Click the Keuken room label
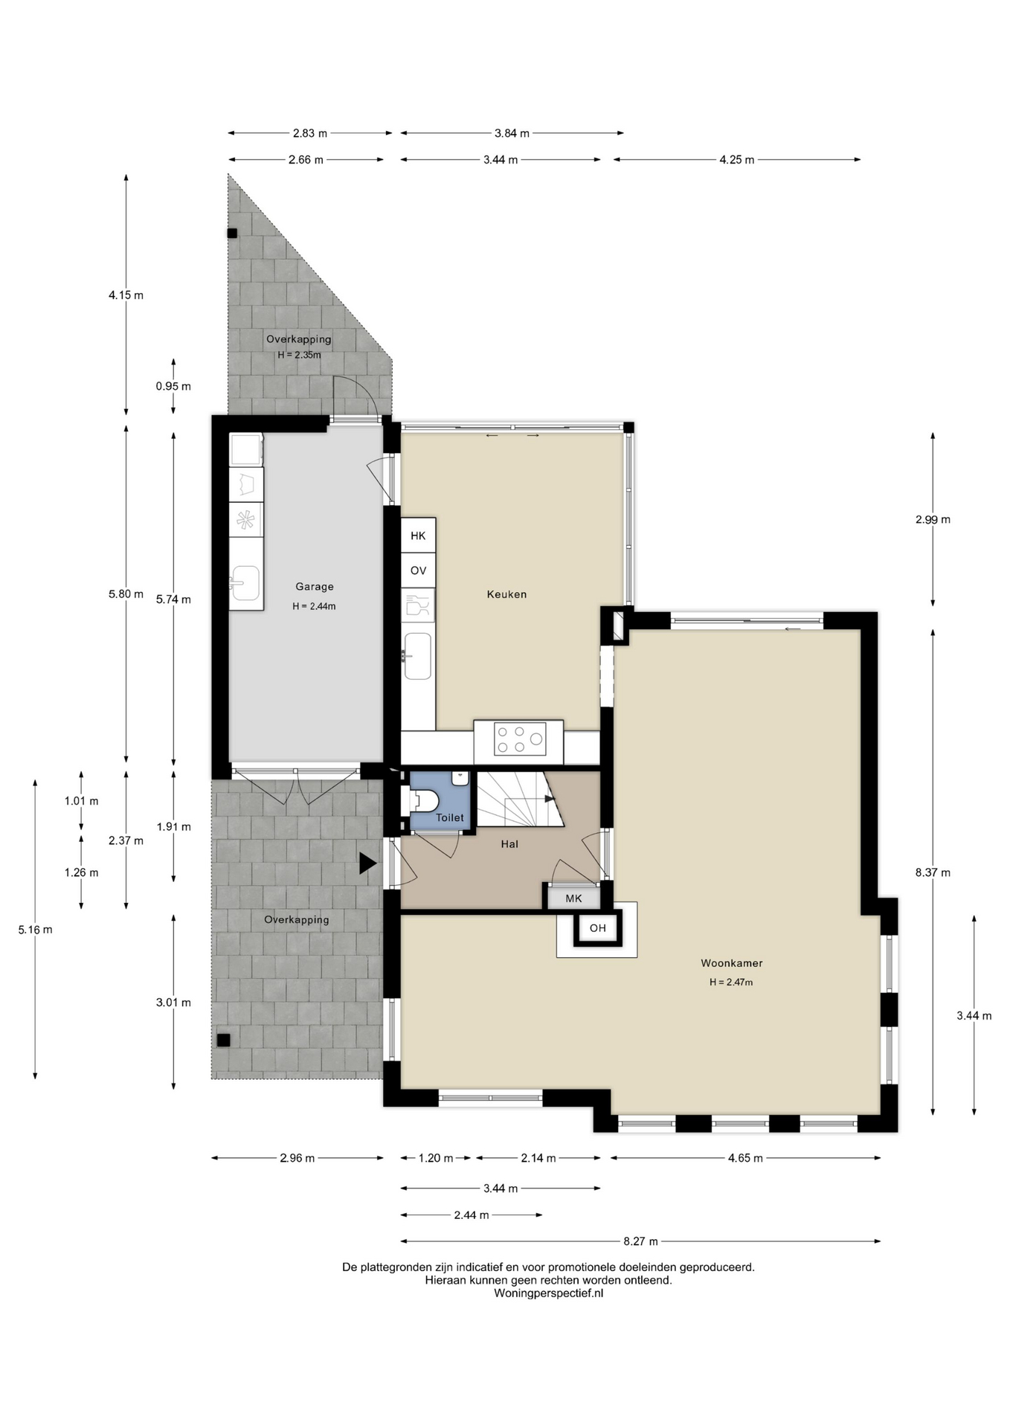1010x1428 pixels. pos(506,594)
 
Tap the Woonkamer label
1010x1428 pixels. pos(731,963)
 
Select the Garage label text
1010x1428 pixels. pos(314,587)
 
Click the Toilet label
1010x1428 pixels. pos(449,817)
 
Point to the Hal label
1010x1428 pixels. pos(509,844)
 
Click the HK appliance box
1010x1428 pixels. pos(418,535)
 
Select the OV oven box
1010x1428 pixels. pos(418,570)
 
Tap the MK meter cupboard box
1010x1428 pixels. pos(573,898)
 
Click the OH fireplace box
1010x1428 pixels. pos(598,928)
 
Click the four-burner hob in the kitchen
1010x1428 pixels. pos(519,739)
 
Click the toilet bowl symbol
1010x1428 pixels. pos(425,801)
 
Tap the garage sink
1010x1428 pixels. pos(245,582)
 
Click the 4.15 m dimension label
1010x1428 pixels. pos(126,295)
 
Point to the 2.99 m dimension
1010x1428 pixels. pos(933,520)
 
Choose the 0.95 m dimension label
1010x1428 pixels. pos(173,387)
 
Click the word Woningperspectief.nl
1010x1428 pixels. pos(548,1293)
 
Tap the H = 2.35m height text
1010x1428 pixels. pos(299,356)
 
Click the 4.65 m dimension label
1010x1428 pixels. pos(745,1158)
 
